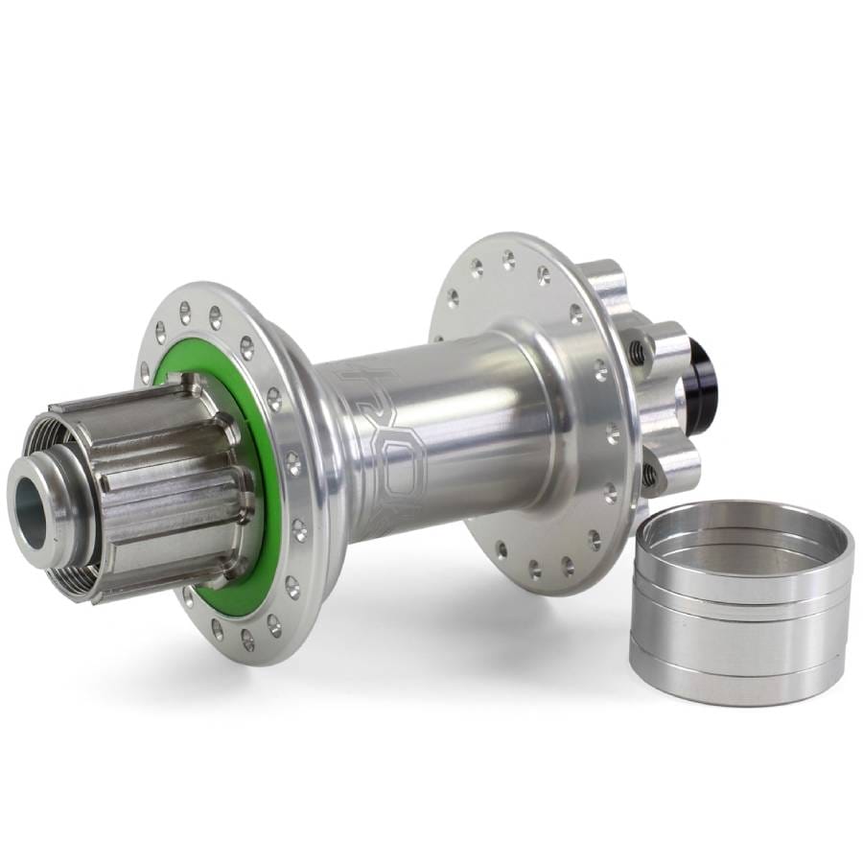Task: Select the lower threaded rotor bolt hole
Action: (650, 474)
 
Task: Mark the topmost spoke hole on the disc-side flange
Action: (508, 256)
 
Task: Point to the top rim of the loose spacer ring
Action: (743, 508)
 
